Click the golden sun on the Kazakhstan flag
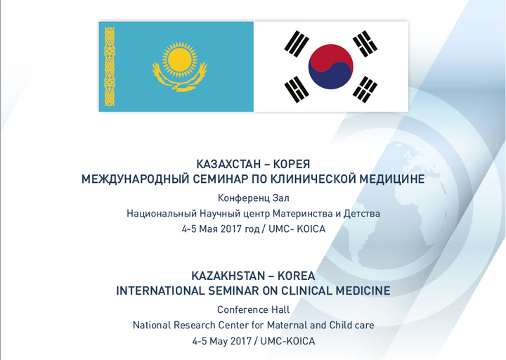tap(180, 59)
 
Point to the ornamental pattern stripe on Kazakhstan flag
tap(110, 67)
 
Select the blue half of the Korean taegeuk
tap(330, 78)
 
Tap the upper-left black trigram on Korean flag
tap(297, 44)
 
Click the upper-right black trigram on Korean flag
tap(365, 44)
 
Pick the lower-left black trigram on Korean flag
tap(297, 89)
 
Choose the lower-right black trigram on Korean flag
tap(365, 89)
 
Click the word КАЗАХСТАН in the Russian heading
tap(228, 164)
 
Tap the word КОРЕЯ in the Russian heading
tap(292, 164)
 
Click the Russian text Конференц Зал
tap(253, 198)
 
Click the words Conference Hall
tap(253, 309)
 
